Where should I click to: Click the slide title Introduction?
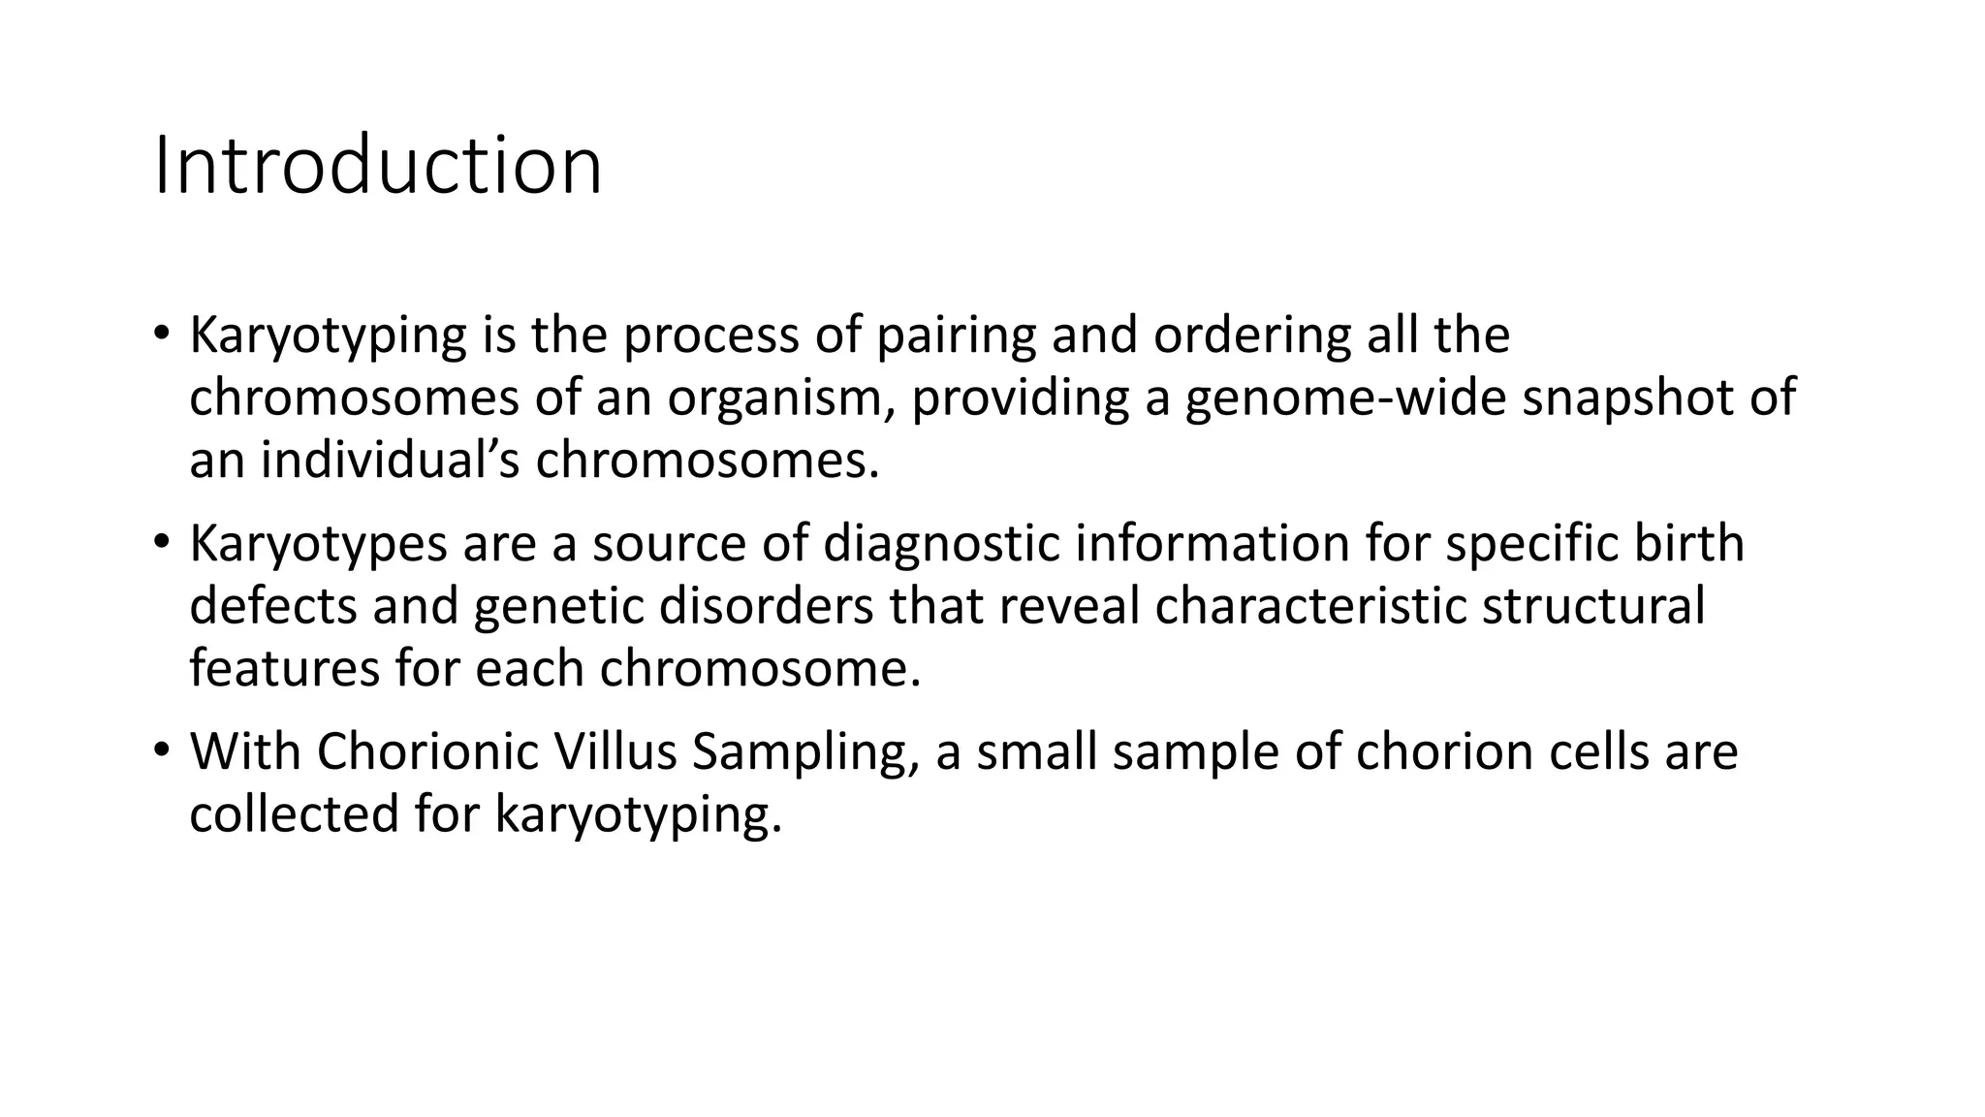378,167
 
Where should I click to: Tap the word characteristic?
1309,606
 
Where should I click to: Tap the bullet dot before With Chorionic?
161,750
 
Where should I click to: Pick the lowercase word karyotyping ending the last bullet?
638,814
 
